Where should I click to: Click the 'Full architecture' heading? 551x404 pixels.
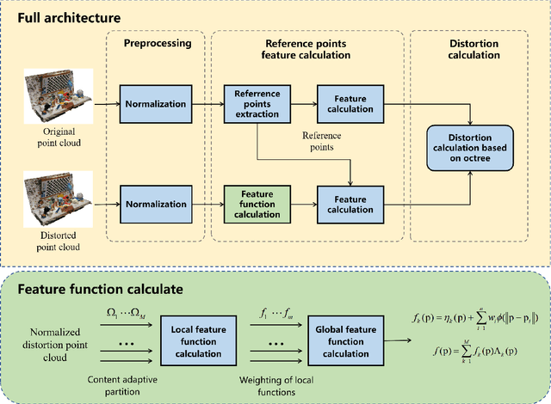point(65,17)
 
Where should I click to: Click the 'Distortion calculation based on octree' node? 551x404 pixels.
point(467,147)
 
